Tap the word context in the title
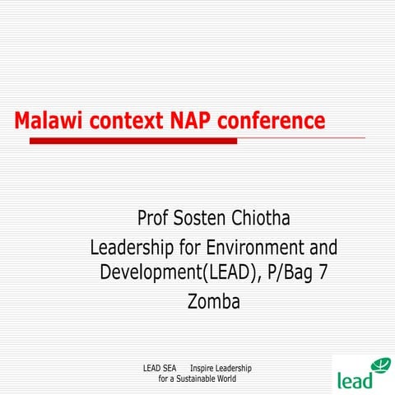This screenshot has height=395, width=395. [x=121, y=122]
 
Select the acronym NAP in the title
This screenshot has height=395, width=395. [x=193, y=122]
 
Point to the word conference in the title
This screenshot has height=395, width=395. [x=273, y=122]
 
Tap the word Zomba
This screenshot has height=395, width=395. [x=213, y=301]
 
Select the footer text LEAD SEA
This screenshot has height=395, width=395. [x=160, y=368]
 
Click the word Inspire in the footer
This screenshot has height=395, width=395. [x=203, y=368]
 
